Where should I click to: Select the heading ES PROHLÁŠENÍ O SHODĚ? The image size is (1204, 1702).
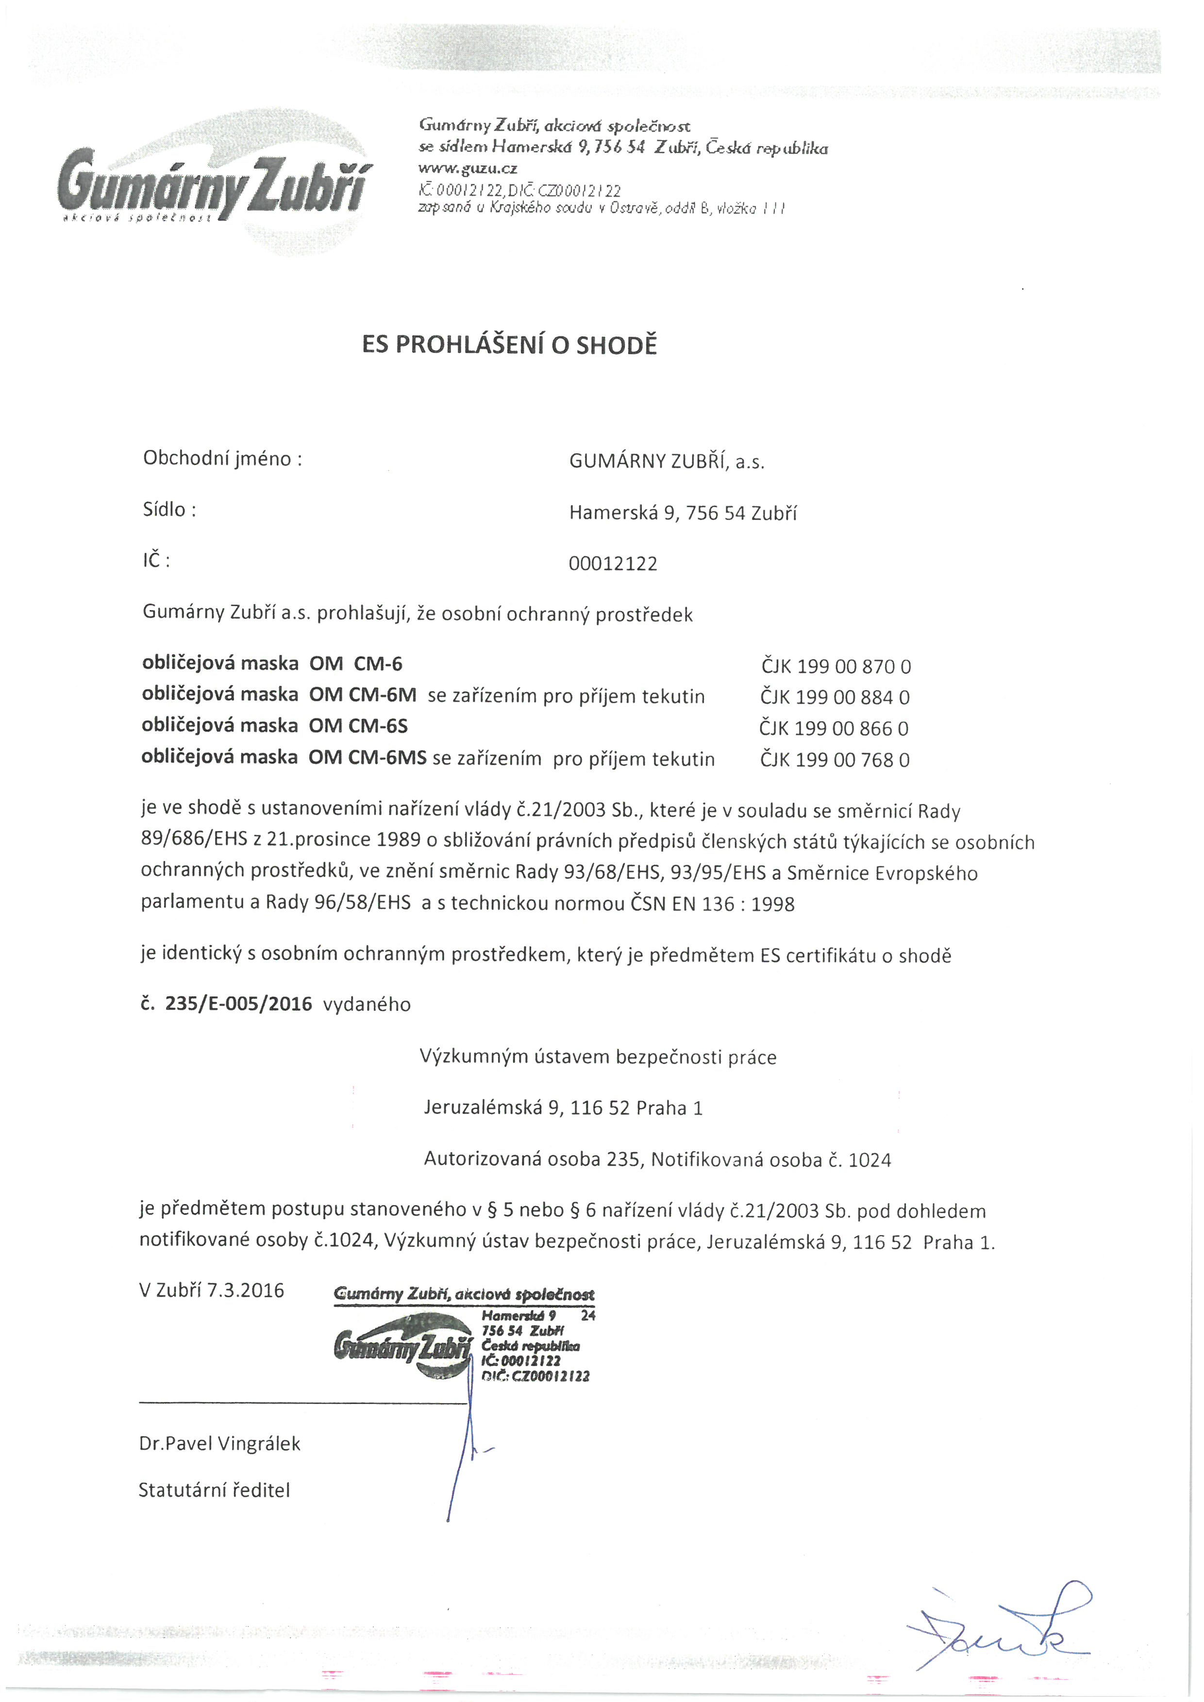click(509, 346)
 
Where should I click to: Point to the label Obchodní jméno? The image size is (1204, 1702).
click(222, 459)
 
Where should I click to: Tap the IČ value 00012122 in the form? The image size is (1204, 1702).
click(612, 564)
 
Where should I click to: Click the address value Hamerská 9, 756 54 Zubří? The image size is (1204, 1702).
click(683, 513)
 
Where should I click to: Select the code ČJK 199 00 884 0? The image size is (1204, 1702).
click(835, 697)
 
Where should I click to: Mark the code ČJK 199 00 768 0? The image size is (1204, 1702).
click(835, 760)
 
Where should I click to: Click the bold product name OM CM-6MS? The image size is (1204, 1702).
click(368, 759)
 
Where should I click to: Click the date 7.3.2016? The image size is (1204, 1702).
click(245, 1290)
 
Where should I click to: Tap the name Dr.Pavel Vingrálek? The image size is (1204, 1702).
click(219, 1444)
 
